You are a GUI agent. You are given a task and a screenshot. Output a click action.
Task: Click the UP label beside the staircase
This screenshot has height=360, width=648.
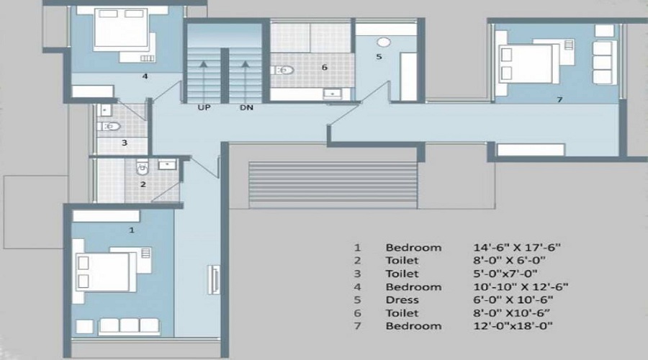tap(204, 109)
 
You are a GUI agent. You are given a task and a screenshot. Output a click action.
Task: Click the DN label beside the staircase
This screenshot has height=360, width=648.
tap(246, 109)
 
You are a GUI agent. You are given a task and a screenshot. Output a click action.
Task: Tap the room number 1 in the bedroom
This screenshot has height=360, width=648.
tap(131, 230)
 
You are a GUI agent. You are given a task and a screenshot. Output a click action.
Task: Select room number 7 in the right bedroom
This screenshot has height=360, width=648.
tap(559, 100)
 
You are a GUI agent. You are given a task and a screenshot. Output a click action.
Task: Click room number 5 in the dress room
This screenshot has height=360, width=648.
tap(379, 55)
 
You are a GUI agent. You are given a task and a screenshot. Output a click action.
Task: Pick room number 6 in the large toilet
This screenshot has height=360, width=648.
tap(324, 67)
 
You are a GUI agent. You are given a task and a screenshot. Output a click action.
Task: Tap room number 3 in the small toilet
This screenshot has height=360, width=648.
tap(124, 143)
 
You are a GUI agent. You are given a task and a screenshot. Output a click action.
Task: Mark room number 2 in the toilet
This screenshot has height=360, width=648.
tap(143, 184)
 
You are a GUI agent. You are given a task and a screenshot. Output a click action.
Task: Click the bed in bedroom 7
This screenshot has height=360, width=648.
tap(528, 65)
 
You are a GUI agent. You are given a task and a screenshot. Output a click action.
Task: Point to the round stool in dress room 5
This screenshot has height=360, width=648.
tap(383, 41)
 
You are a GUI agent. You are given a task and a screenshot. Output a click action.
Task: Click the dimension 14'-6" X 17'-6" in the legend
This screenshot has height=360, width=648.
tap(513, 248)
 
